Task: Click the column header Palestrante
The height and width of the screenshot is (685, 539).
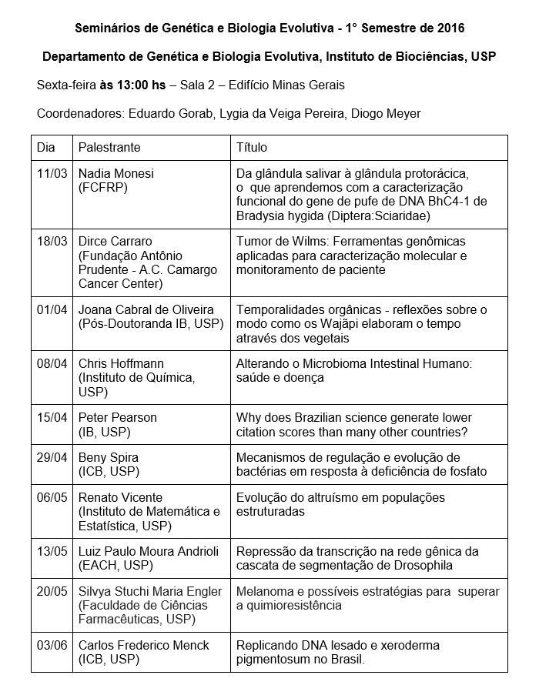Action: tap(109, 147)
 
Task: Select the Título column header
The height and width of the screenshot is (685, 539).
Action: tap(252, 147)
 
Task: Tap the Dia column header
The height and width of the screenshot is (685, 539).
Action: tap(46, 147)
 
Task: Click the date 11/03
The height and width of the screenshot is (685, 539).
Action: tap(52, 173)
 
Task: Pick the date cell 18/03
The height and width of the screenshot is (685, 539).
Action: tap(52, 241)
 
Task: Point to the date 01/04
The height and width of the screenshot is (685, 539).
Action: tap(52, 309)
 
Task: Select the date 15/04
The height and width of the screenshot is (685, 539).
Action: tap(52, 417)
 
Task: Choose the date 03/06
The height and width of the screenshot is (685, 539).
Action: tap(52, 645)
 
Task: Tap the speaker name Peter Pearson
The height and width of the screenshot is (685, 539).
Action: tap(118, 417)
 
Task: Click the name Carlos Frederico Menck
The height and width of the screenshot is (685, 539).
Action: tap(144, 645)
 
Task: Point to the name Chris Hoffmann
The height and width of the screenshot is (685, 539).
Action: tap(121, 363)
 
